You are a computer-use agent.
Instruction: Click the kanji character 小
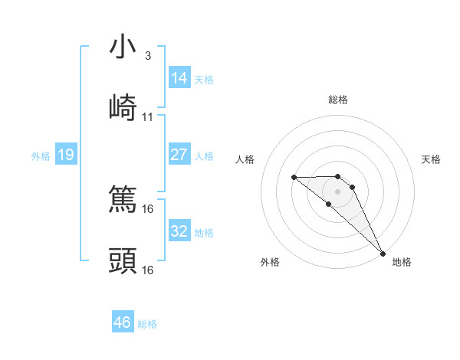[x=123, y=47]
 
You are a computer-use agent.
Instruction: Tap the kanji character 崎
[x=123, y=107]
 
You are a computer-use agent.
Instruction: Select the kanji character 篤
[x=123, y=200]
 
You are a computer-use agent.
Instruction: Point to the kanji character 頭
[x=123, y=261]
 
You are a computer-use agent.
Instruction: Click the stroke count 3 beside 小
[x=148, y=56]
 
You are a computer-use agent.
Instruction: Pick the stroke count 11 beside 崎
[x=148, y=117]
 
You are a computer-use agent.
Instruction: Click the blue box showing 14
[x=179, y=78]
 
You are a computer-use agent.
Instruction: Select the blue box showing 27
[x=179, y=155]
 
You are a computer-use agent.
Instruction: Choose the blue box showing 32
[x=179, y=231]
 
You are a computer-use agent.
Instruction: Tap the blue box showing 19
[x=65, y=155]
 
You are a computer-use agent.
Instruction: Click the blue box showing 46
[x=123, y=322]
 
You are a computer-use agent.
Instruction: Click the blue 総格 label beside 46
[x=147, y=324]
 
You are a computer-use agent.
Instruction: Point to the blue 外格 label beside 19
[x=41, y=156]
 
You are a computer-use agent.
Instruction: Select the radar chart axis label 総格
[x=338, y=100]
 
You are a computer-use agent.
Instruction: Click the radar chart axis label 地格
[x=402, y=262]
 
